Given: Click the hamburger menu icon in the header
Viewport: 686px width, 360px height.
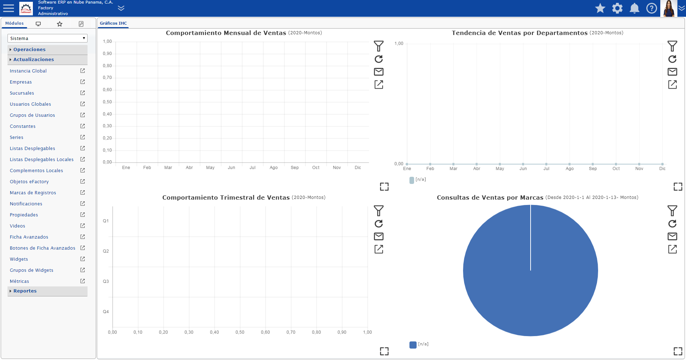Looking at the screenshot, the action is [x=8, y=8].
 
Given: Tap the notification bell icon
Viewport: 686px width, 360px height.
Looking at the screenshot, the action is [x=635, y=8].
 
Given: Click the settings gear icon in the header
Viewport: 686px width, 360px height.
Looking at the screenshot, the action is [x=617, y=8].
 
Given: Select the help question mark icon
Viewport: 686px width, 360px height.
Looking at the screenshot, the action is [x=652, y=8].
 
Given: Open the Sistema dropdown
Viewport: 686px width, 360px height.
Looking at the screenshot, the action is [x=48, y=38].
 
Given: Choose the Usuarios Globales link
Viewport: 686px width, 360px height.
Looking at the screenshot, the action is [x=30, y=104].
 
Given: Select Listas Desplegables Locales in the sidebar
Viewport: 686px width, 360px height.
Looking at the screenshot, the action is [x=42, y=160].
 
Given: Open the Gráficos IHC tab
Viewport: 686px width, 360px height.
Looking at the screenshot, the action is [x=113, y=23].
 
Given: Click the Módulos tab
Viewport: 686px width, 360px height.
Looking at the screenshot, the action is [x=14, y=23].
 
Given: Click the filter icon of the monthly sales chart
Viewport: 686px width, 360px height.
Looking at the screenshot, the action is [x=379, y=46].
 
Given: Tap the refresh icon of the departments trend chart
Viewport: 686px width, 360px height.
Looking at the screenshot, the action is [x=672, y=59].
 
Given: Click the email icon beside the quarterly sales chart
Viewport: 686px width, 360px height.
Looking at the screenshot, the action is [x=379, y=236].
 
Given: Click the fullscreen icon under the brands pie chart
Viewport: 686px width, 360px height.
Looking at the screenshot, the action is [x=678, y=351].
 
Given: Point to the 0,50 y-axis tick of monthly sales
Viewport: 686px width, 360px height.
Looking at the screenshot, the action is [x=107, y=102].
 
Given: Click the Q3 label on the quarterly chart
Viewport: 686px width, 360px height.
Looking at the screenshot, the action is [x=106, y=281].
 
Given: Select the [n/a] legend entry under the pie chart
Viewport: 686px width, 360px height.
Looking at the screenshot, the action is [x=419, y=344].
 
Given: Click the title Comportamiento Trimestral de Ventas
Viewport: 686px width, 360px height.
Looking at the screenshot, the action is [x=226, y=197].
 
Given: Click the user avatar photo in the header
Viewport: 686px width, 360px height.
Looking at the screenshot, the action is [x=668, y=8].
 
